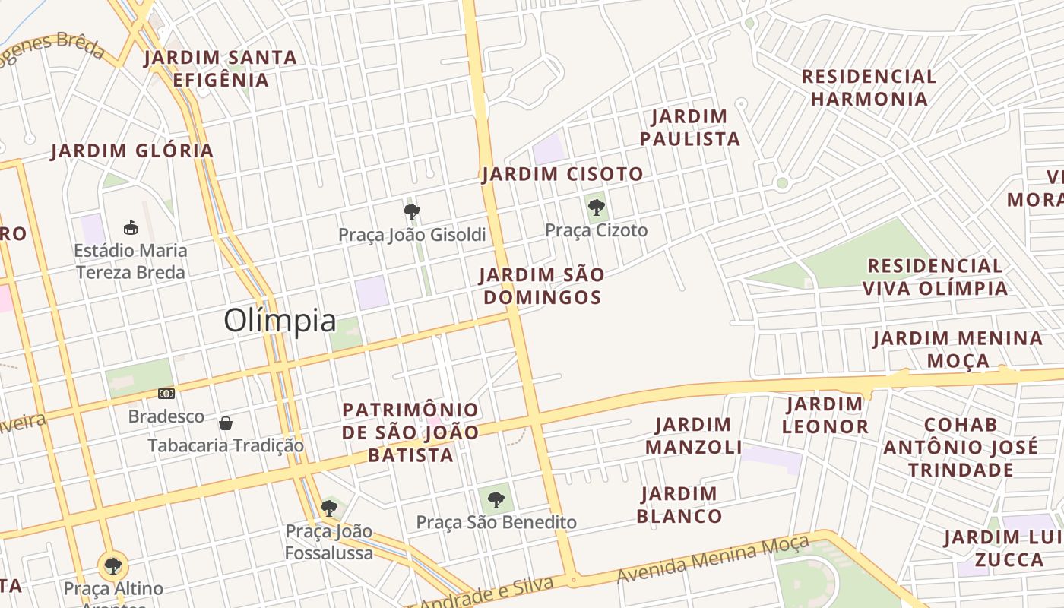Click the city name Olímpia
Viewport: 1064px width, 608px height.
point(280,321)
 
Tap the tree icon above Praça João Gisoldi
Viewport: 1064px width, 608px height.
point(412,211)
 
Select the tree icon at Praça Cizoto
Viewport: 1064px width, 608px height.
point(597,206)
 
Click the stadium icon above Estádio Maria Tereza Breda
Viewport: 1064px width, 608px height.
point(131,227)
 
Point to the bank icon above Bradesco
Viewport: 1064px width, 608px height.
point(166,394)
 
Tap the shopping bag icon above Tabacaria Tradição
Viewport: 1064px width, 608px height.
point(226,423)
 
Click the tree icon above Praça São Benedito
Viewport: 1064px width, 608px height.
point(496,499)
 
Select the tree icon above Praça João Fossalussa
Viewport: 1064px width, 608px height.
point(328,508)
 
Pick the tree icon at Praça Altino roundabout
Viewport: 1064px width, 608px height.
point(113,565)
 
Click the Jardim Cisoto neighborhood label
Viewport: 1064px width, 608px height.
point(562,174)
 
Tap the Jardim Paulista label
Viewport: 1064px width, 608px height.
point(689,128)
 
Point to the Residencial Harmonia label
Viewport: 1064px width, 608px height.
point(869,87)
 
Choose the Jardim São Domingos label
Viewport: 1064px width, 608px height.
point(542,286)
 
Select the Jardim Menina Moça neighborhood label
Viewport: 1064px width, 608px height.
point(958,349)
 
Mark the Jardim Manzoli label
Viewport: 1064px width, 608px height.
point(693,435)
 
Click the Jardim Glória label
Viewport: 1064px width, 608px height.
point(132,150)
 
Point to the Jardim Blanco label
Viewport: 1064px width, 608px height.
point(679,505)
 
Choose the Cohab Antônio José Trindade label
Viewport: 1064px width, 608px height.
point(961,447)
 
